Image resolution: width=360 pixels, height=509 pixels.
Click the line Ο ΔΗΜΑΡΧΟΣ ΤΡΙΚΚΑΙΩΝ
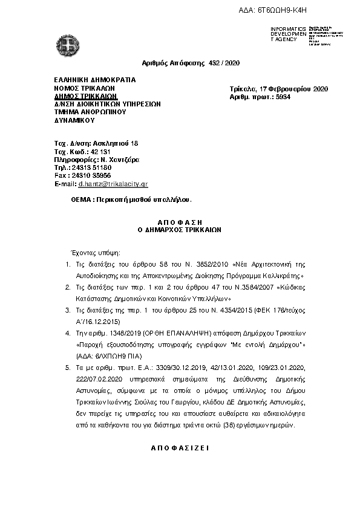coord(180,230)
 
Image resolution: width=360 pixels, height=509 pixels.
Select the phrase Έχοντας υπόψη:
coord(96,251)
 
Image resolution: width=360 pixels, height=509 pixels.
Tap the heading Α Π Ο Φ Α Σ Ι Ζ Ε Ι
coord(179,449)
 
